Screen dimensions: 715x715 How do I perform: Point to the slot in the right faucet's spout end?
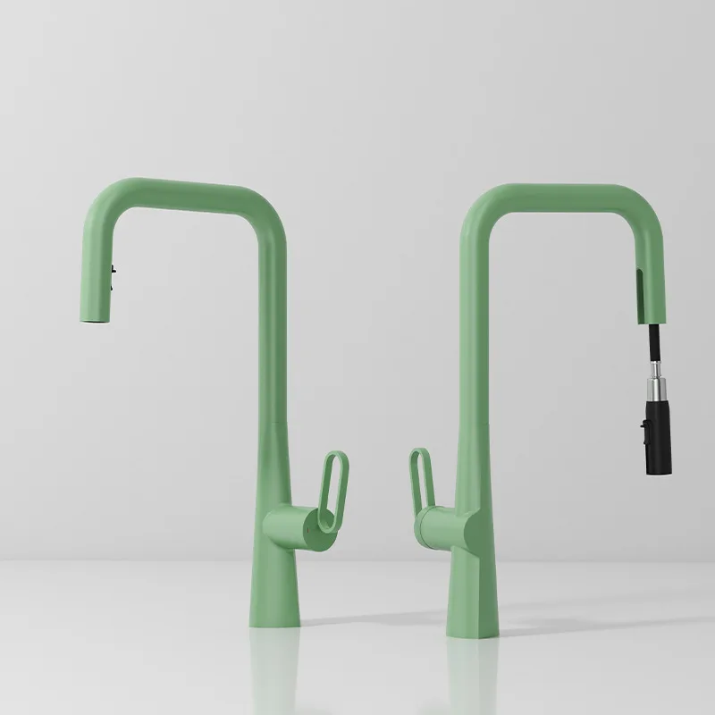[640, 290]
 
